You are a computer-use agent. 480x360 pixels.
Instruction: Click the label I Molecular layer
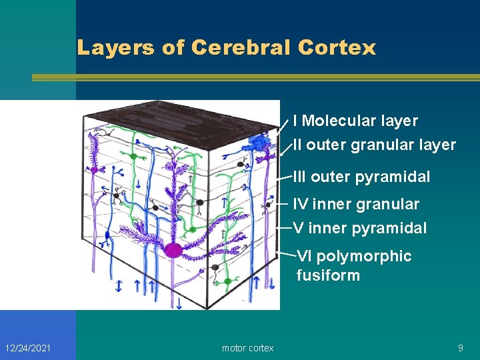click(355, 121)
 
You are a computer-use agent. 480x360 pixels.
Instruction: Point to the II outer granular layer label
click(374, 145)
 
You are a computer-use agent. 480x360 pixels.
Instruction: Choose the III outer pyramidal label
click(362, 177)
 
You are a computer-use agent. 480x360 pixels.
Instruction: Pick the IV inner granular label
click(357, 204)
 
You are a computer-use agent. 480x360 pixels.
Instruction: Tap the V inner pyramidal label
click(360, 228)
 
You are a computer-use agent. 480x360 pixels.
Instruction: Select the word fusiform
click(328, 275)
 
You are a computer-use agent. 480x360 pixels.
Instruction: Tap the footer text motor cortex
click(247, 348)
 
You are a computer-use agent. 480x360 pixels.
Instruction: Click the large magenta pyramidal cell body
click(173, 250)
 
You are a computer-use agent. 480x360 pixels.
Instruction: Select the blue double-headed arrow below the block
click(119, 286)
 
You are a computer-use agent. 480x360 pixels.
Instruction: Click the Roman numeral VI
click(304, 256)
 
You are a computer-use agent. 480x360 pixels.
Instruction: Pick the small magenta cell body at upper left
click(95, 171)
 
